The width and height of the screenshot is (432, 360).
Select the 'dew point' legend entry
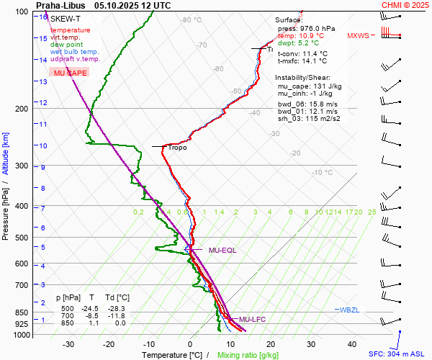coord(66,44)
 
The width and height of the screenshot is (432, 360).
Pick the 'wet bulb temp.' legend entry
coord(74,51)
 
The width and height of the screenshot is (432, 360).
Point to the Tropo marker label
coord(177,148)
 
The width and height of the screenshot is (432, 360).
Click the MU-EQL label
coord(222,251)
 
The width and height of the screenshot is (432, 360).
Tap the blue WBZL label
coord(348,310)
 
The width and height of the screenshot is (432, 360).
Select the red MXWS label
coord(357,35)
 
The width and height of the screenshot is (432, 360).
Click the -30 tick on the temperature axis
coord(68,344)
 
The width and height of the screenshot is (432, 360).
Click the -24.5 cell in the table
coord(89,308)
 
